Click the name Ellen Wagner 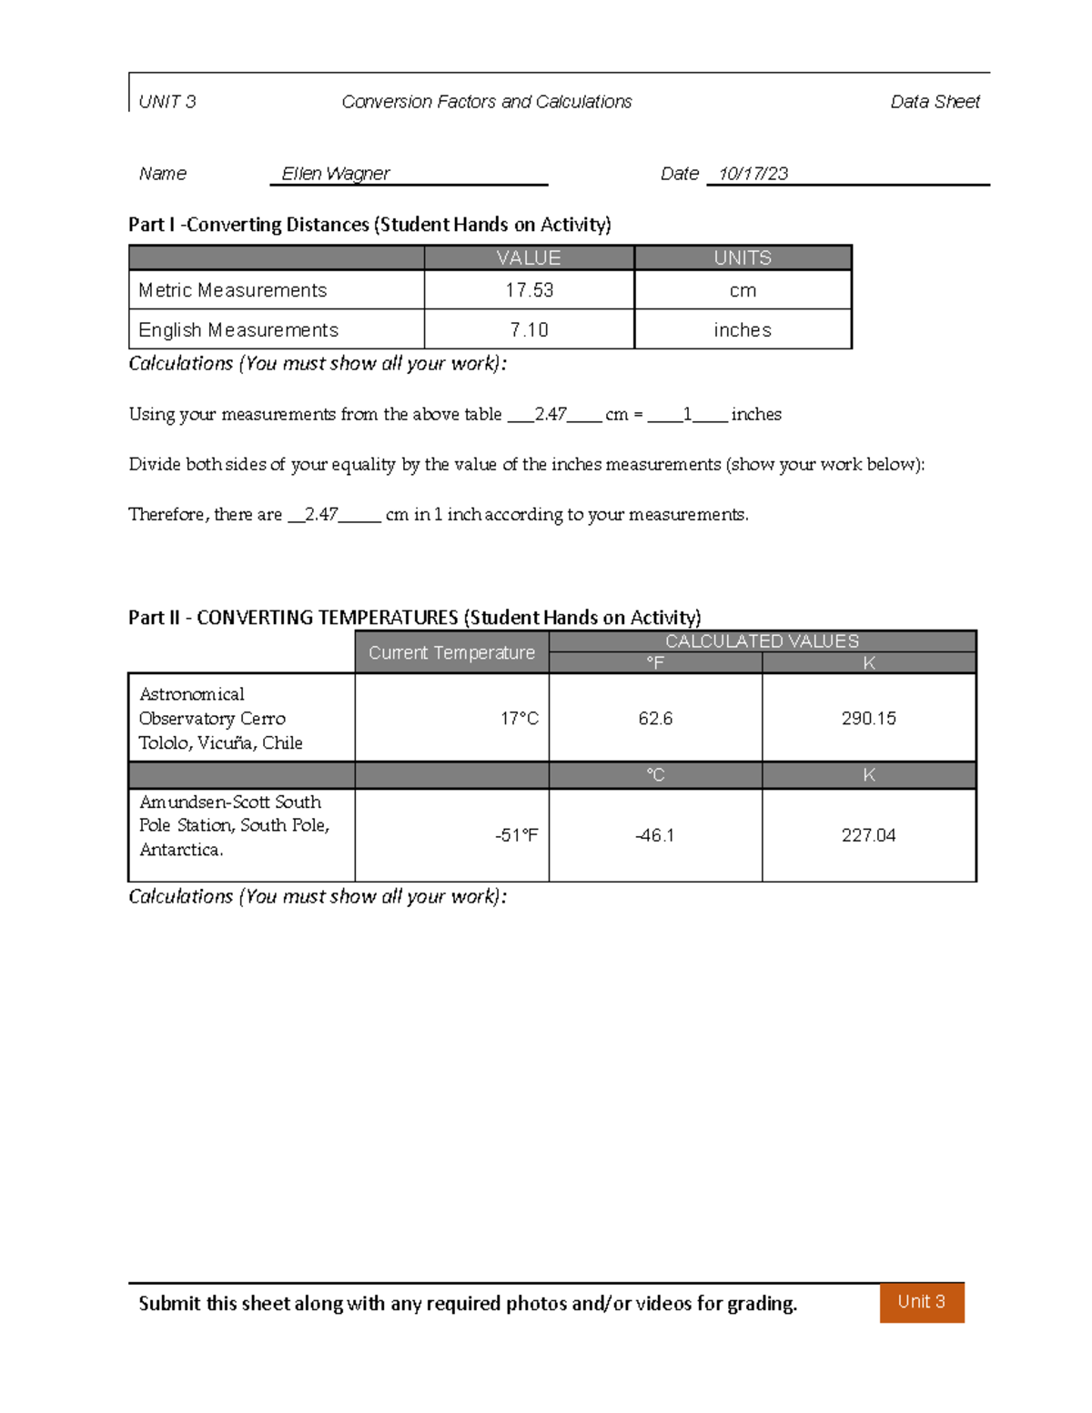(x=335, y=174)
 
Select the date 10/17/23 (x=753, y=174)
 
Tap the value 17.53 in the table (x=529, y=290)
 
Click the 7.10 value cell (x=529, y=330)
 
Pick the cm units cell (x=743, y=290)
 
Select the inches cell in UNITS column (x=743, y=330)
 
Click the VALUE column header (x=529, y=258)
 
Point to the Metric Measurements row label (x=233, y=290)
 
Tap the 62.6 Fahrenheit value (x=655, y=719)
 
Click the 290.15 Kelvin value (x=868, y=719)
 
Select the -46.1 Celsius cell (x=655, y=835)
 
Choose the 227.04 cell (x=868, y=835)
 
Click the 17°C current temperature (x=519, y=719)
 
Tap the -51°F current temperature (x=516, y=835)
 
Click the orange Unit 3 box (x=921, y=1302)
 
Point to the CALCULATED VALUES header (x=762, y=641)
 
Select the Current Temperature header (x=451, y=653)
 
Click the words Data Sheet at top (x=935, y=102)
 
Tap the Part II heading (x=414, y=618)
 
